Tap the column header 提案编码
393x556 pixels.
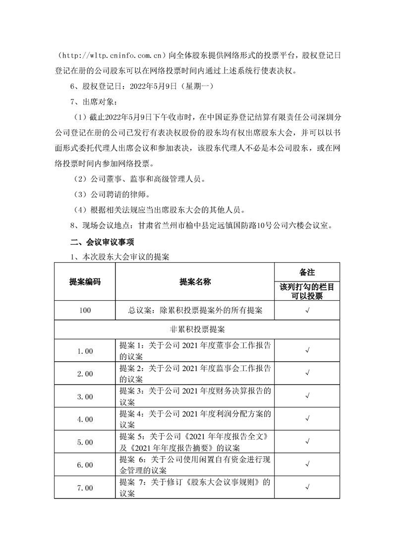point(85,281)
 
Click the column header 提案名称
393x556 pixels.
point(195,281)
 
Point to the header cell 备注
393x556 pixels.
point(307,272)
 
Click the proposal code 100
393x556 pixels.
point(85,311)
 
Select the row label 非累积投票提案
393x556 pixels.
point(197,329)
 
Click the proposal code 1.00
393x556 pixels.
point(85,351)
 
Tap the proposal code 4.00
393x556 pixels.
point(85,419)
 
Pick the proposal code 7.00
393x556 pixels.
point(85,488)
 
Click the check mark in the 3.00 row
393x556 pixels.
point(307,396)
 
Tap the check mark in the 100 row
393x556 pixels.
point(307,311)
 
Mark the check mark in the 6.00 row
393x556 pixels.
point(307,465)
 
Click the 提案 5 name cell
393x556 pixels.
point(195,442)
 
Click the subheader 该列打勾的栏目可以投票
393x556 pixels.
point(307,291)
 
